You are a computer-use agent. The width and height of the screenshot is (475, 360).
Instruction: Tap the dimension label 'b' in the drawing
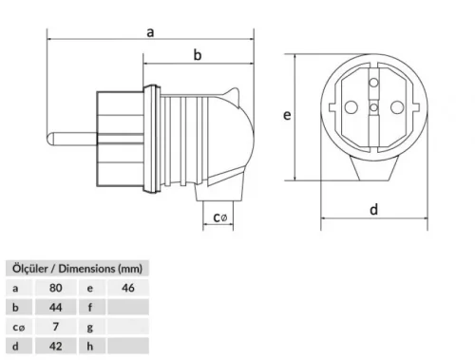pyautogui.click(x=198, y=56)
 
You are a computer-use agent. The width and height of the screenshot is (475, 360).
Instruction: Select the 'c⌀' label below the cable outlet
pyautogui.click(x=220, y=218)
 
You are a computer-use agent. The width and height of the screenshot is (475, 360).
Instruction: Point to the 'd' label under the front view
pyautogui.click(x=374, y=210)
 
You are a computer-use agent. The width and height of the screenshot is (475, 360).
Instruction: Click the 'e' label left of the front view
pyautogui.click(x=286, y=114)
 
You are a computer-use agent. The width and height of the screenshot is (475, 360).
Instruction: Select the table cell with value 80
pyautogui.click(x=56, y=287)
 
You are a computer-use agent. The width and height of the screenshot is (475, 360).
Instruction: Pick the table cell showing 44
pyautogui.click(x=56, y=307)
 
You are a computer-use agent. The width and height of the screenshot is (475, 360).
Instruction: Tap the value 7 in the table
pyautogui.click(x=56, y=327)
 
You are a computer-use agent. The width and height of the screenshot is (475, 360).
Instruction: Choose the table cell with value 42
pyautogui.click(x=56, y=347)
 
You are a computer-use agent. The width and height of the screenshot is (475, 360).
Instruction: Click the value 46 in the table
pyautogui.click(x=128, y=287)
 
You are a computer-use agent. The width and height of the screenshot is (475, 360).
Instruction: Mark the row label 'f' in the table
pyautogui.click(x=90, y=307)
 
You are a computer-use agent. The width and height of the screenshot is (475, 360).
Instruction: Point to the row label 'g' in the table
pyautogui.click(x=90, y=327)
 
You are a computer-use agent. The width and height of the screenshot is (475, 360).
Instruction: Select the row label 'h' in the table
pyautogui.click(x=90, y=347)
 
